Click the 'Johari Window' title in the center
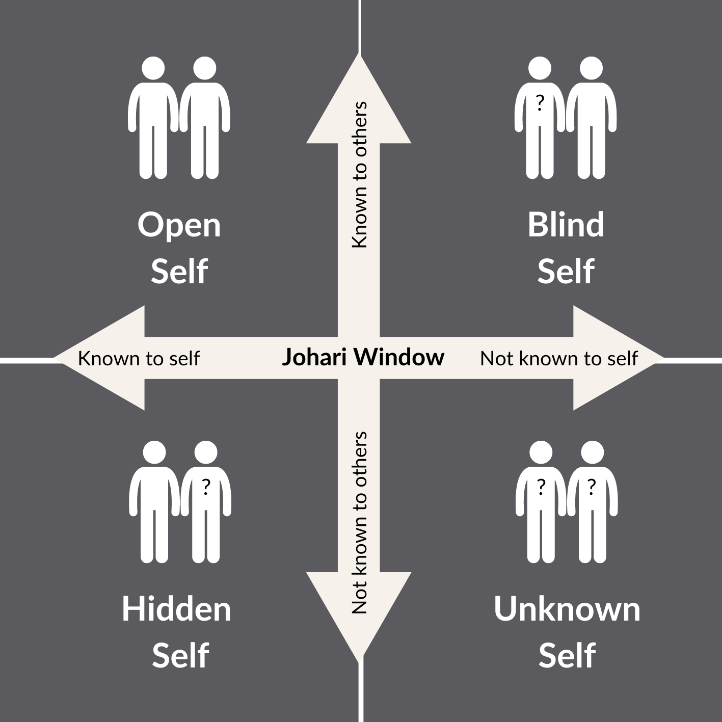click(363, 357)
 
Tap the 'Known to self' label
click(139, 359)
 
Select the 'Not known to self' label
click(558, 359)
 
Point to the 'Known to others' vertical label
click(360, 175)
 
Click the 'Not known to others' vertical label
click(360, 522)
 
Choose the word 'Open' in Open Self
click(179, 225)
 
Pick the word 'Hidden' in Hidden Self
click(176, 609)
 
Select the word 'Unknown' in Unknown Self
click(567, 609)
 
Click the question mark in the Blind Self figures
click(540, 104)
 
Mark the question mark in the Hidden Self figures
click(206, 488)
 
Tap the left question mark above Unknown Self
click(541, 488)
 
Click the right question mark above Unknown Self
click(591, 488)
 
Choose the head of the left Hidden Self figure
click(154, 453)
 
